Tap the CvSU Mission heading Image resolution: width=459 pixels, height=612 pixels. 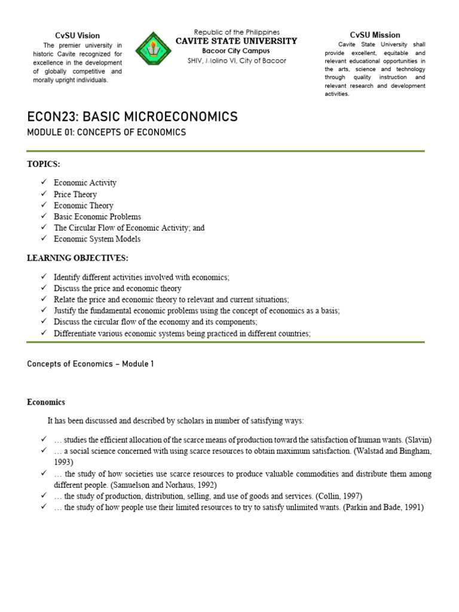click(x=375, y=35)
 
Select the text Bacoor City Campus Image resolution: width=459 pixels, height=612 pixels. click(x=236, y=51)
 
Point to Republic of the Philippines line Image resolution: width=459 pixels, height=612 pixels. click(x=237, y=32)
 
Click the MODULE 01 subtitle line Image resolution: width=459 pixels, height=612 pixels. click(x=106, y=132)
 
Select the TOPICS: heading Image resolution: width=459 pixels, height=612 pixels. click(x=44, y=164)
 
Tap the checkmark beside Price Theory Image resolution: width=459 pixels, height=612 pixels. click(x=44, y=194)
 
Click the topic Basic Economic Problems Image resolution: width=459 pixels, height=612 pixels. click(x=97, y=216)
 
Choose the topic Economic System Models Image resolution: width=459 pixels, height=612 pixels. click(x=97, y=239)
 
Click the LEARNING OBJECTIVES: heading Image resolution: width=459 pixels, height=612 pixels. click(x=78, y=258)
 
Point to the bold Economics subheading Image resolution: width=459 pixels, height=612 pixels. click(x=46, y=402)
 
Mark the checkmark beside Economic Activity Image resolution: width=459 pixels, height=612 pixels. click(x=44, y=183)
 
